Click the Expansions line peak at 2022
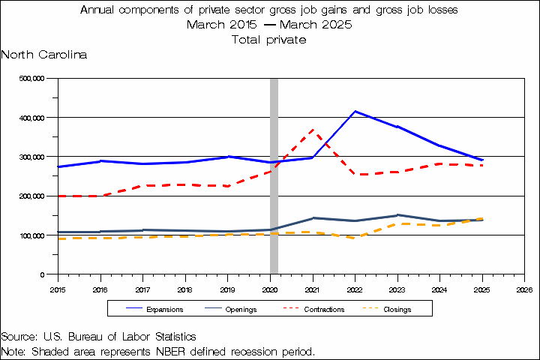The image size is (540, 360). [x=355, y=112]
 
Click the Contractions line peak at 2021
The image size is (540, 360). [x=312, y=130]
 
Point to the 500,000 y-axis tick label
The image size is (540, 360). [x=34, y=78]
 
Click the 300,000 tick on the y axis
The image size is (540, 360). [x=34, y=157]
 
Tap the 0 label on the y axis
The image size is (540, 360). [x=43, y=274]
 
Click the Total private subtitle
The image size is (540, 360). [x=269, y=40]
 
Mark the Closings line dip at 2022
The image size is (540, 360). [x=355, y=237]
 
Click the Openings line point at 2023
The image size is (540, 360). [x=397, y=215]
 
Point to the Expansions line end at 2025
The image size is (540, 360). [x=482, y=160]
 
